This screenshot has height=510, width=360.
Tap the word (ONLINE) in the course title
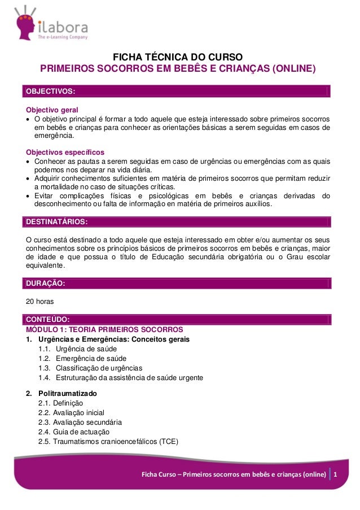click(293, 69)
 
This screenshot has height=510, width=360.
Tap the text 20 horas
click(40, 302)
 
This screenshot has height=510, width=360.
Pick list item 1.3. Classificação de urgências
click(90, 368)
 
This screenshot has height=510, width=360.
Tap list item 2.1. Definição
click(60, 403)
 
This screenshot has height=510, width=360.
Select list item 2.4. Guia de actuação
click(73, 431)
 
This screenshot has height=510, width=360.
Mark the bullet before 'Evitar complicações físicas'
click(28, 196)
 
